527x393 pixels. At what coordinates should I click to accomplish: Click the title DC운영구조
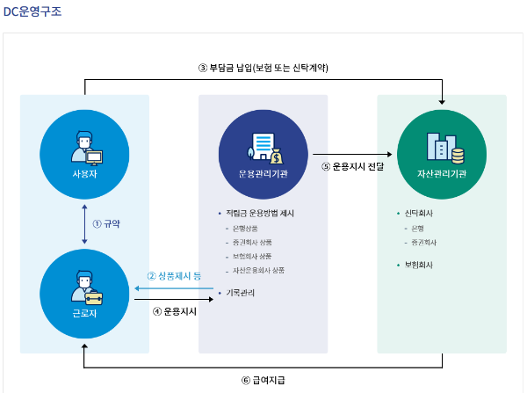tap(32, 12)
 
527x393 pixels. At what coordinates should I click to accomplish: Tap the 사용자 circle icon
tap(84, 151)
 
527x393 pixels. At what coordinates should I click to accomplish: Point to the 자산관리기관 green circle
tap(442, 151)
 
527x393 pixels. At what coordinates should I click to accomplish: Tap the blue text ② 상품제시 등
tap(174, 275)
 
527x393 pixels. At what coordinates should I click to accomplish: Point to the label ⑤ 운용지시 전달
tap(351, 165)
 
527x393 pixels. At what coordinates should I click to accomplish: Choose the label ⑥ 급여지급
tap(263, 380)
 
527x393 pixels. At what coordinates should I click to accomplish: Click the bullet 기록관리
tap(241, 291)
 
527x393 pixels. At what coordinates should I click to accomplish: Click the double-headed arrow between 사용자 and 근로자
tap(84, 223)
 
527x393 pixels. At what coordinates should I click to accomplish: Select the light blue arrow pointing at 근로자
tap(167, 287)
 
